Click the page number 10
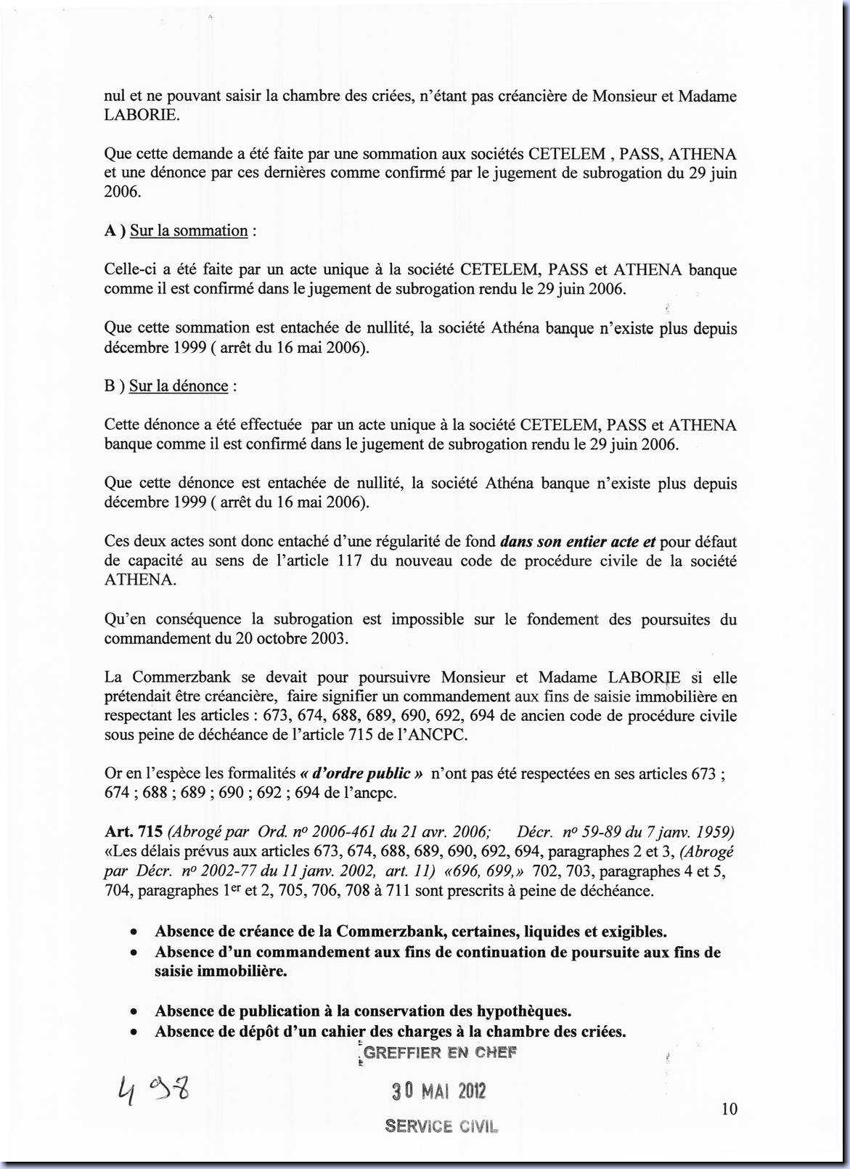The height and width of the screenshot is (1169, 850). (x=730, y=1109)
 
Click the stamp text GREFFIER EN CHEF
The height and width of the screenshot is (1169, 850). (x=440, y=1053)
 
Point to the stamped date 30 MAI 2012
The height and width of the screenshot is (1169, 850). (x=439, y=1091)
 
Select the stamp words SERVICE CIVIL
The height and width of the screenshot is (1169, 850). (x=441, y=1126)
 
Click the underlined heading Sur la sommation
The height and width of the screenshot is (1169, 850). (x=189, y=231)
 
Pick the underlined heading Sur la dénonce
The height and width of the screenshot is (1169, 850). (x=179, y=386)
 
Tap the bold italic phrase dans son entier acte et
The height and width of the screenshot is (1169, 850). (x=578, y=542)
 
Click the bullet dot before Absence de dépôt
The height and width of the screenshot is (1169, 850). (x=133, y=1032)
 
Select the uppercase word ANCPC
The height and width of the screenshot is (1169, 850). (x=444, y=736)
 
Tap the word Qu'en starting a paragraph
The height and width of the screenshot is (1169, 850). (x=123, y=619)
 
